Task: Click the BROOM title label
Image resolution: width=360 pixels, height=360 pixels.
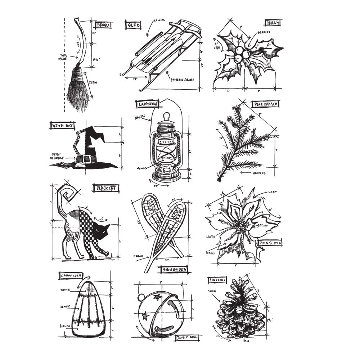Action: point(104,25)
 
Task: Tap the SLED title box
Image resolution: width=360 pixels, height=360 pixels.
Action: point(133,25)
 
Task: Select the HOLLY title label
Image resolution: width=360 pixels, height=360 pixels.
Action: point(272,23)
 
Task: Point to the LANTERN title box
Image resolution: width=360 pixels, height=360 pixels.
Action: point(148,104)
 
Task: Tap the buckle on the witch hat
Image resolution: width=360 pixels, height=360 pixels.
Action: point(86,159)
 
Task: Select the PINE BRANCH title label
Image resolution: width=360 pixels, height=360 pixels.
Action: point(266,104)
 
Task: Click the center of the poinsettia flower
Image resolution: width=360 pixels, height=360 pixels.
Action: point(244,228)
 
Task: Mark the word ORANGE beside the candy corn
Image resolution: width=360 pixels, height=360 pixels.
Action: point(66,307)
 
